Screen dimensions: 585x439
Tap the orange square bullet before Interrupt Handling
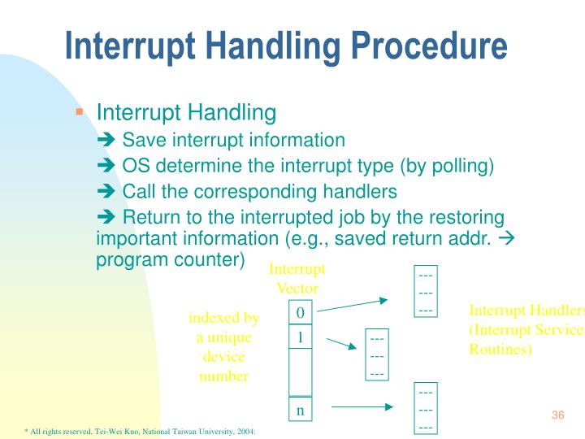pyautogui.click(x=80, y=111)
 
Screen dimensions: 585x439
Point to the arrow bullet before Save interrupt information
pyautogui.click(x=106, y=141)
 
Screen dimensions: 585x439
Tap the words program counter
pyautogui.click(x=170, y=259)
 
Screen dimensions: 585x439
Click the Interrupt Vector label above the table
pyautogui.click(x=297, y=278)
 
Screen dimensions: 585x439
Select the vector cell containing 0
pyautogui.click(x=300, y=312)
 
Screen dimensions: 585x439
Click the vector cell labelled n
pyautogui.click(x=300, y=411)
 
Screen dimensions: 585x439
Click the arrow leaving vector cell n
pyautogui.click(x=362, y=406)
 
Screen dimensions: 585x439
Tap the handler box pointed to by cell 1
pyautogui.click(x=377, y=355)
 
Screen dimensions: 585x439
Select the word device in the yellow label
pyautogui.click(x=223, y=357)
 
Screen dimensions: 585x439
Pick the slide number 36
pyautogui.click(x=557, y=416)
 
